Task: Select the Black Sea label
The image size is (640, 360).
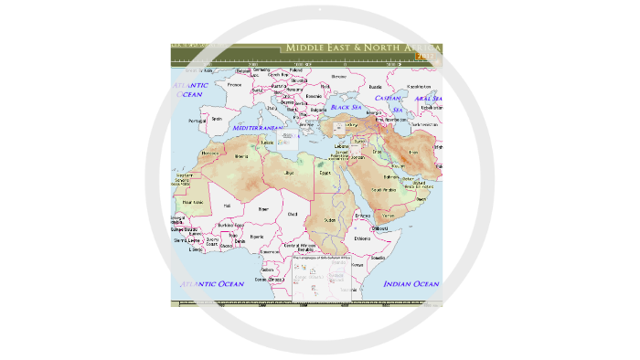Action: [x=347, y=107]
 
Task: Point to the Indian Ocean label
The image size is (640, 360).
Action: [x=411, y=284]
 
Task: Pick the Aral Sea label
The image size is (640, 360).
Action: [x=427, y=98]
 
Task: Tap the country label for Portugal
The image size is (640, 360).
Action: [x=196, y=121]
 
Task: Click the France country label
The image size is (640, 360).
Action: [x=235, y=85]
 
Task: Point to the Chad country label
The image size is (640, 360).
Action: [x=293, y=214]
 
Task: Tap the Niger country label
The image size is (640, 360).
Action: [x=263, y=208]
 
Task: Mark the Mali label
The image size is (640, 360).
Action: [x=227, y=206]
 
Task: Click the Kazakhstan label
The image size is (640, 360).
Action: [x=418, y=86]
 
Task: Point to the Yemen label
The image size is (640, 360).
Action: [x=387, y=215]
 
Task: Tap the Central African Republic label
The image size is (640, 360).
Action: [x=299, y=247]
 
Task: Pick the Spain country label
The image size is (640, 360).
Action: [x=217, y=118]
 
